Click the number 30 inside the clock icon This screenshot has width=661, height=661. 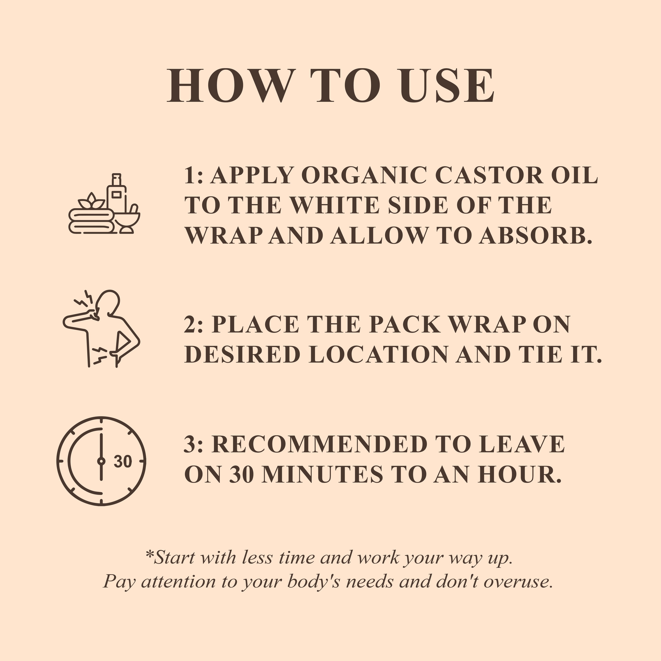pos(123,461)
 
